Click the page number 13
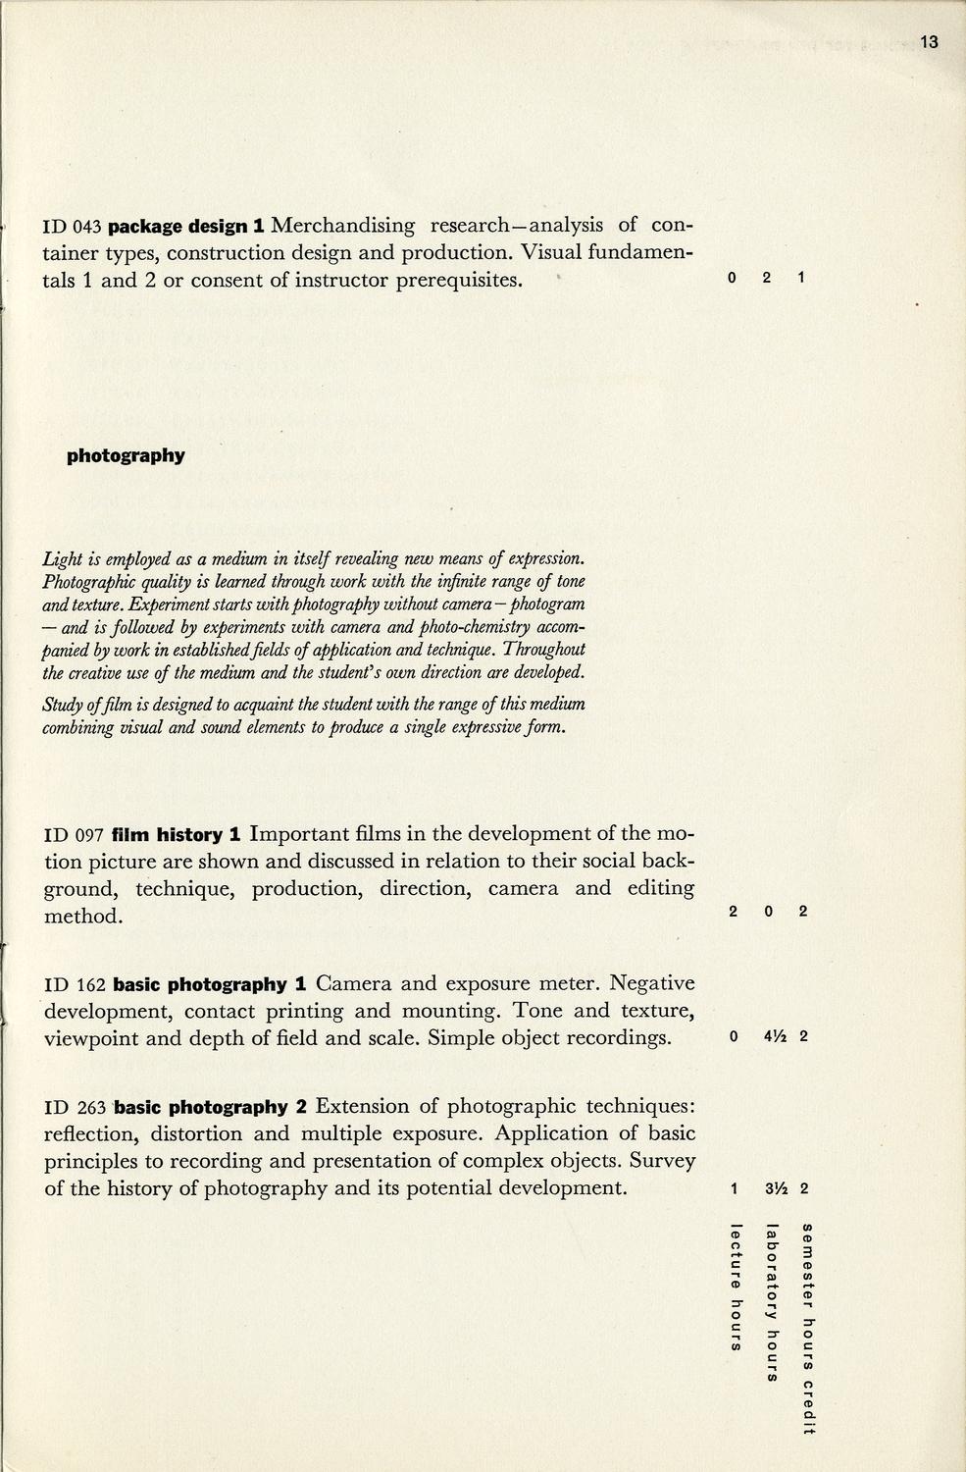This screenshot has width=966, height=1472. pyautogui.click(x=930, y=41)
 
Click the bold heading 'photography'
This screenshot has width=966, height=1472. pyautogui.click(x=126, y=455)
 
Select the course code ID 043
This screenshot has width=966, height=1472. pyautogui.click(x=74, y=227)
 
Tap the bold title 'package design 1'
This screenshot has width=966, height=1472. pyautogui.click(x=186, y=227)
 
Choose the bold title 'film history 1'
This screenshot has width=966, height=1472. pyautogui.click(x=178, y=835)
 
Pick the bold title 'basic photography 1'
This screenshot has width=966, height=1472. pyautogui.click(x=211, y=984)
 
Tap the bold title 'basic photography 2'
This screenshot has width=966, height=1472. pyautogui.click(x=212, y=1108)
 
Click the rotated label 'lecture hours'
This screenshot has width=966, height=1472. pyautogui.click(x=735, y=1287)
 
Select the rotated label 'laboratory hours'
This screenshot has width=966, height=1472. pyautogui.click(x=772, y=1303)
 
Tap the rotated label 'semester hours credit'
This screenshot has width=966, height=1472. pyautogui.click(x=807, y=1329)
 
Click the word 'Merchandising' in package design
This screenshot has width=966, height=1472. pyautogui.click(x=342, y=226)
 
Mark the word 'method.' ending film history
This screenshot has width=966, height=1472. pyautogui.click(x=83, y=917)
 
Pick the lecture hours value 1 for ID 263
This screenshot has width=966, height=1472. pyautogui.click(x=734, y=1189)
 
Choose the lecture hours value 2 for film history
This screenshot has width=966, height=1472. pyautogui.click(x=734, y=912)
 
